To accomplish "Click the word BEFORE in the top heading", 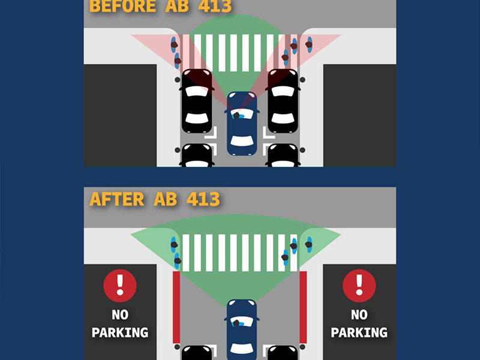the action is pyautogui.click(x=122, y=6).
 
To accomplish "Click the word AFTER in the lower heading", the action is pyautogui.click(x=116, y=199).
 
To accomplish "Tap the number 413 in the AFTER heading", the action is pyautogui.click(x=203, y=199).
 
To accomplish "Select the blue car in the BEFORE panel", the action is pyautogui.click(x=242, y=124).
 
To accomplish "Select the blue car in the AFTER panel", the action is pyautogui.click(x=242, y=329).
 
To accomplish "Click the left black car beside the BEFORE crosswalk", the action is pyautogui.click(x=197, y=101).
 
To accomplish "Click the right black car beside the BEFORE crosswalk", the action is pyautogui.click(x=283, y=101).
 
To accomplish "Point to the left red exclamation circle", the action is pyautogui.click(x=120, y=286).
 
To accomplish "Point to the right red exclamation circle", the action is pyautogui.click(x=359, y=286).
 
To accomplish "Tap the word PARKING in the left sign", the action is pyautogui.click(x=120, y=332).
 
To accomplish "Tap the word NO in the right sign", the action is pyautogui.click(x=359, y=314).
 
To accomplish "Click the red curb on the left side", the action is pyautogui.click(x=176, y=307).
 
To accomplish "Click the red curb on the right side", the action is pyautogui.click(x=303, y=307).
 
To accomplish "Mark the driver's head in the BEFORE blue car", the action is pyautogui.click(x=236, y=115).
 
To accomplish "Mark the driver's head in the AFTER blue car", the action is pyautogui.click(x=236, y=323).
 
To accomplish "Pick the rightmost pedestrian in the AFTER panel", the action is pyautogui.click(x=309, y=244).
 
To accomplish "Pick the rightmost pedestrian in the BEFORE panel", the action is pyautogui.click(x=309, y=44).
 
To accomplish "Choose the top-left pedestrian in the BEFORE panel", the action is pyautogui.click(x=174, y=44).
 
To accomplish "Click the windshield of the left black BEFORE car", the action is pyautogui.click(x=197, y=91).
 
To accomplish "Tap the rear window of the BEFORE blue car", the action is pyautogui.click(x=242, y=141).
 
